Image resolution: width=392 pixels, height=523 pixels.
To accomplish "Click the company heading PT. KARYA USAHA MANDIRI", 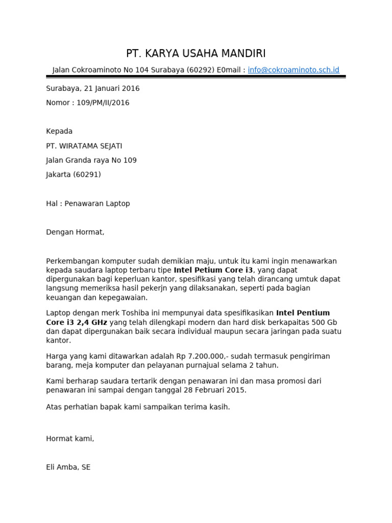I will [196, 54].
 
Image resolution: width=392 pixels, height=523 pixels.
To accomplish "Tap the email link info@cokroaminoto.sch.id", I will [293, 70].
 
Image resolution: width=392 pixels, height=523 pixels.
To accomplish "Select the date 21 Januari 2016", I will [115, 88].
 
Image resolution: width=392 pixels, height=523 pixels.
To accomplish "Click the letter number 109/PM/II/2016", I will [103, 103].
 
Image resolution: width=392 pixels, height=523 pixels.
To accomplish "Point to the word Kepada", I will [59, 131].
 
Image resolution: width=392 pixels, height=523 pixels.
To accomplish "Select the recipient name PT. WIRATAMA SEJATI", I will [84, 146].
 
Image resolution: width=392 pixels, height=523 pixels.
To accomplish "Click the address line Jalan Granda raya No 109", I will [91, 160].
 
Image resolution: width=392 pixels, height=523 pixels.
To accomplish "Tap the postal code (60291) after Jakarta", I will [87, 175].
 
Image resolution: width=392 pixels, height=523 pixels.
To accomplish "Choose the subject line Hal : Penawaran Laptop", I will [88, 204].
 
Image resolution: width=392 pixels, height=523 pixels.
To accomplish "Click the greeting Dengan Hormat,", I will [75, 232].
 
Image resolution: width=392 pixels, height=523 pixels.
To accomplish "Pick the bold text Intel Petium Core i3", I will [213, 270].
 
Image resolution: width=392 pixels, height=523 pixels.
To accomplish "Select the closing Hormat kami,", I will [70, 439].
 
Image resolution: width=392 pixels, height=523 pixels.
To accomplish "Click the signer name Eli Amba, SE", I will [68, 467].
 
